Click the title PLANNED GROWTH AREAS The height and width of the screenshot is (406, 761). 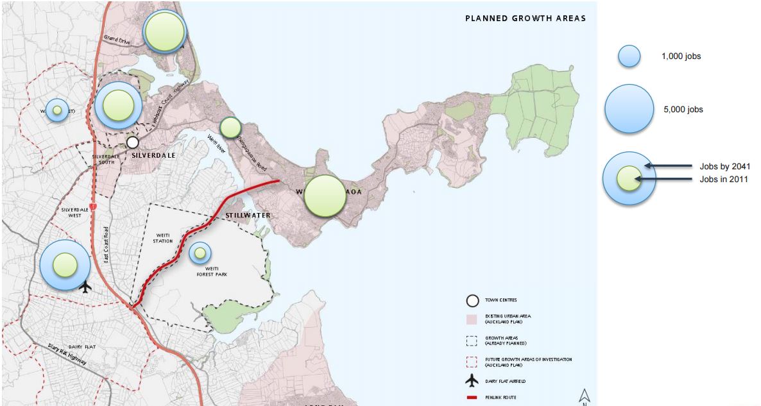(x=525, y=19)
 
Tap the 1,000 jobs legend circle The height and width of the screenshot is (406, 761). (x=629, y=56)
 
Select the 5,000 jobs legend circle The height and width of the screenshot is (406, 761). (x=628, y=109)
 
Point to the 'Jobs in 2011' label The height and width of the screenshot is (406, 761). (x=724, y=180)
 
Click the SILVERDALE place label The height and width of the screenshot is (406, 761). (x=154, y=155)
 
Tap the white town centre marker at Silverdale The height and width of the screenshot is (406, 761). (x=132, y=142)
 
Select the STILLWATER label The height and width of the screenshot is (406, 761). (x=248, y=216)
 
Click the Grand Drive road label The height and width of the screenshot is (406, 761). (x=117, y=38)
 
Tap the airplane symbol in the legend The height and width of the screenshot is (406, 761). (x=472, y=381)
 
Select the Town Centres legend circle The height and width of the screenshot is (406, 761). (x=472, y=300)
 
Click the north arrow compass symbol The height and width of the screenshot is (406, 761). (x=584, y=396)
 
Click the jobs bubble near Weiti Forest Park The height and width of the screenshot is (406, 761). (x=200, y=253)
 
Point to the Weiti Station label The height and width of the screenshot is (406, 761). (x=163, y=238)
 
